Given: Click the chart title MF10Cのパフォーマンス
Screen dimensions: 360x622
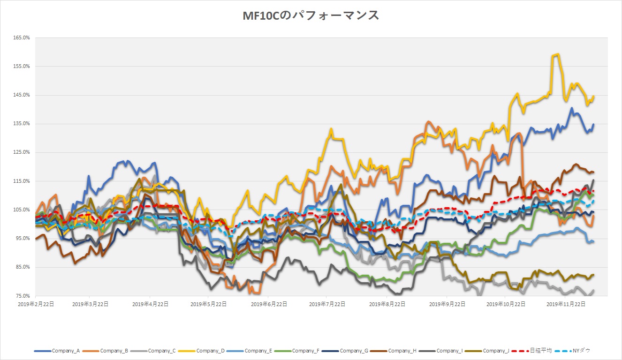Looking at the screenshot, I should [x=311, y=15].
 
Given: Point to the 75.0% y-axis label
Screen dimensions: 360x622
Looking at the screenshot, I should [x=22, y=296].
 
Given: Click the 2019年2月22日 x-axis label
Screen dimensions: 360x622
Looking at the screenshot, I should [x=36, y=304].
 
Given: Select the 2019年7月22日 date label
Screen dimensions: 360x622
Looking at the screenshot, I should [x=327, y=304].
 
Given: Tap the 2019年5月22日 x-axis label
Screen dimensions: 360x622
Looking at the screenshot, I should [x=209, y=304].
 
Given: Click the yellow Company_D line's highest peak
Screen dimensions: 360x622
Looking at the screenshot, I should [x=557, y=54].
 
